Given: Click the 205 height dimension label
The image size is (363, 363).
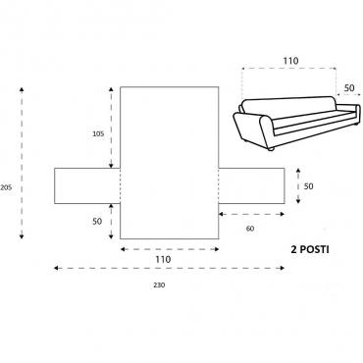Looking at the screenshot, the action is pos(6,187).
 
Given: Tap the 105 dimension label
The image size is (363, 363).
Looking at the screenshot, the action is pos(98,133).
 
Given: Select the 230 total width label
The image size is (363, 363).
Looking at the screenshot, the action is pos(159,285).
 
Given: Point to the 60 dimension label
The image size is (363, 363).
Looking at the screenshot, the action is pos(250,229).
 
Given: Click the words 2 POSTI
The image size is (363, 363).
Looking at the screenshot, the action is pos(310,250).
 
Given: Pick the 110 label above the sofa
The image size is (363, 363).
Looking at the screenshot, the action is pos(290,61).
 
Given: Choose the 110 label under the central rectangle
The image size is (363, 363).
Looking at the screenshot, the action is pos(163,259).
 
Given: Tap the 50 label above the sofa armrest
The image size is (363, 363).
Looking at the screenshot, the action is pos(349,88).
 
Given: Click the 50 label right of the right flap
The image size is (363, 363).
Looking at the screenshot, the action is pos(308,186).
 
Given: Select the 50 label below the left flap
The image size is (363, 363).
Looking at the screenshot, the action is pos(97,222).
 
